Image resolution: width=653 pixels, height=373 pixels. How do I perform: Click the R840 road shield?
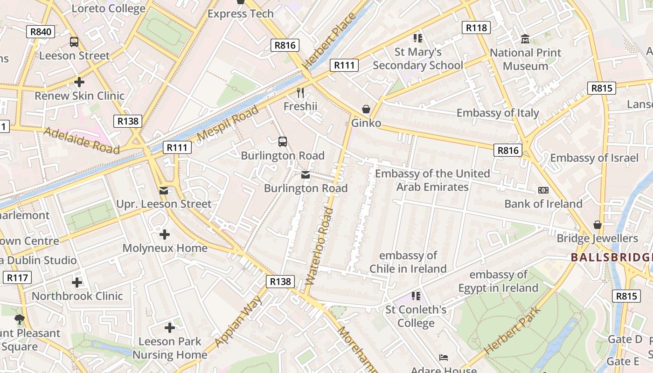pos(40,32)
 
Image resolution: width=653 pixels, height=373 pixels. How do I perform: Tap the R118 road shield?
pos(476,28)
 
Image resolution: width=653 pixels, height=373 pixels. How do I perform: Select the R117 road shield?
pos(17,278)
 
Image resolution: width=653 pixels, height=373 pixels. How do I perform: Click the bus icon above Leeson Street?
pos(74,42)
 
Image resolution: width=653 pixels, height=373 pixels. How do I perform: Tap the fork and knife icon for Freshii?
pos(300,93)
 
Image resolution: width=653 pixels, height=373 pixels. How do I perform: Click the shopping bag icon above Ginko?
pos(366,110)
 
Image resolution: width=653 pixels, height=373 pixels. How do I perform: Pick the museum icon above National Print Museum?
pos(525,39)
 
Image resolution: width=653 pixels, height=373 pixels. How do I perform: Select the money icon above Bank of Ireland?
pos(543,190)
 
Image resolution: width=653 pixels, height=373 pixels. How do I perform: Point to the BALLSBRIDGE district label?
pos(611,257)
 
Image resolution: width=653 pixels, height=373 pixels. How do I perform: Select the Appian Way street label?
pos(239,321)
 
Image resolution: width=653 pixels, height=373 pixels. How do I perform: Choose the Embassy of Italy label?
pos(497,113)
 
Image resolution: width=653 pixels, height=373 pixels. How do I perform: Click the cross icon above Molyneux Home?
pos(164,234)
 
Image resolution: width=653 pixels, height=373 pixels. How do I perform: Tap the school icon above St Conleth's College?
pos(416,296)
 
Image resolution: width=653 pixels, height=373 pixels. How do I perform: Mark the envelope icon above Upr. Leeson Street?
pos(163,190)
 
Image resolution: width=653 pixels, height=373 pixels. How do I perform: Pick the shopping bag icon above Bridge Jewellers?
pos(597,225)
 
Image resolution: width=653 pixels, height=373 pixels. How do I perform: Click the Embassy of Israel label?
pos(594,158)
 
